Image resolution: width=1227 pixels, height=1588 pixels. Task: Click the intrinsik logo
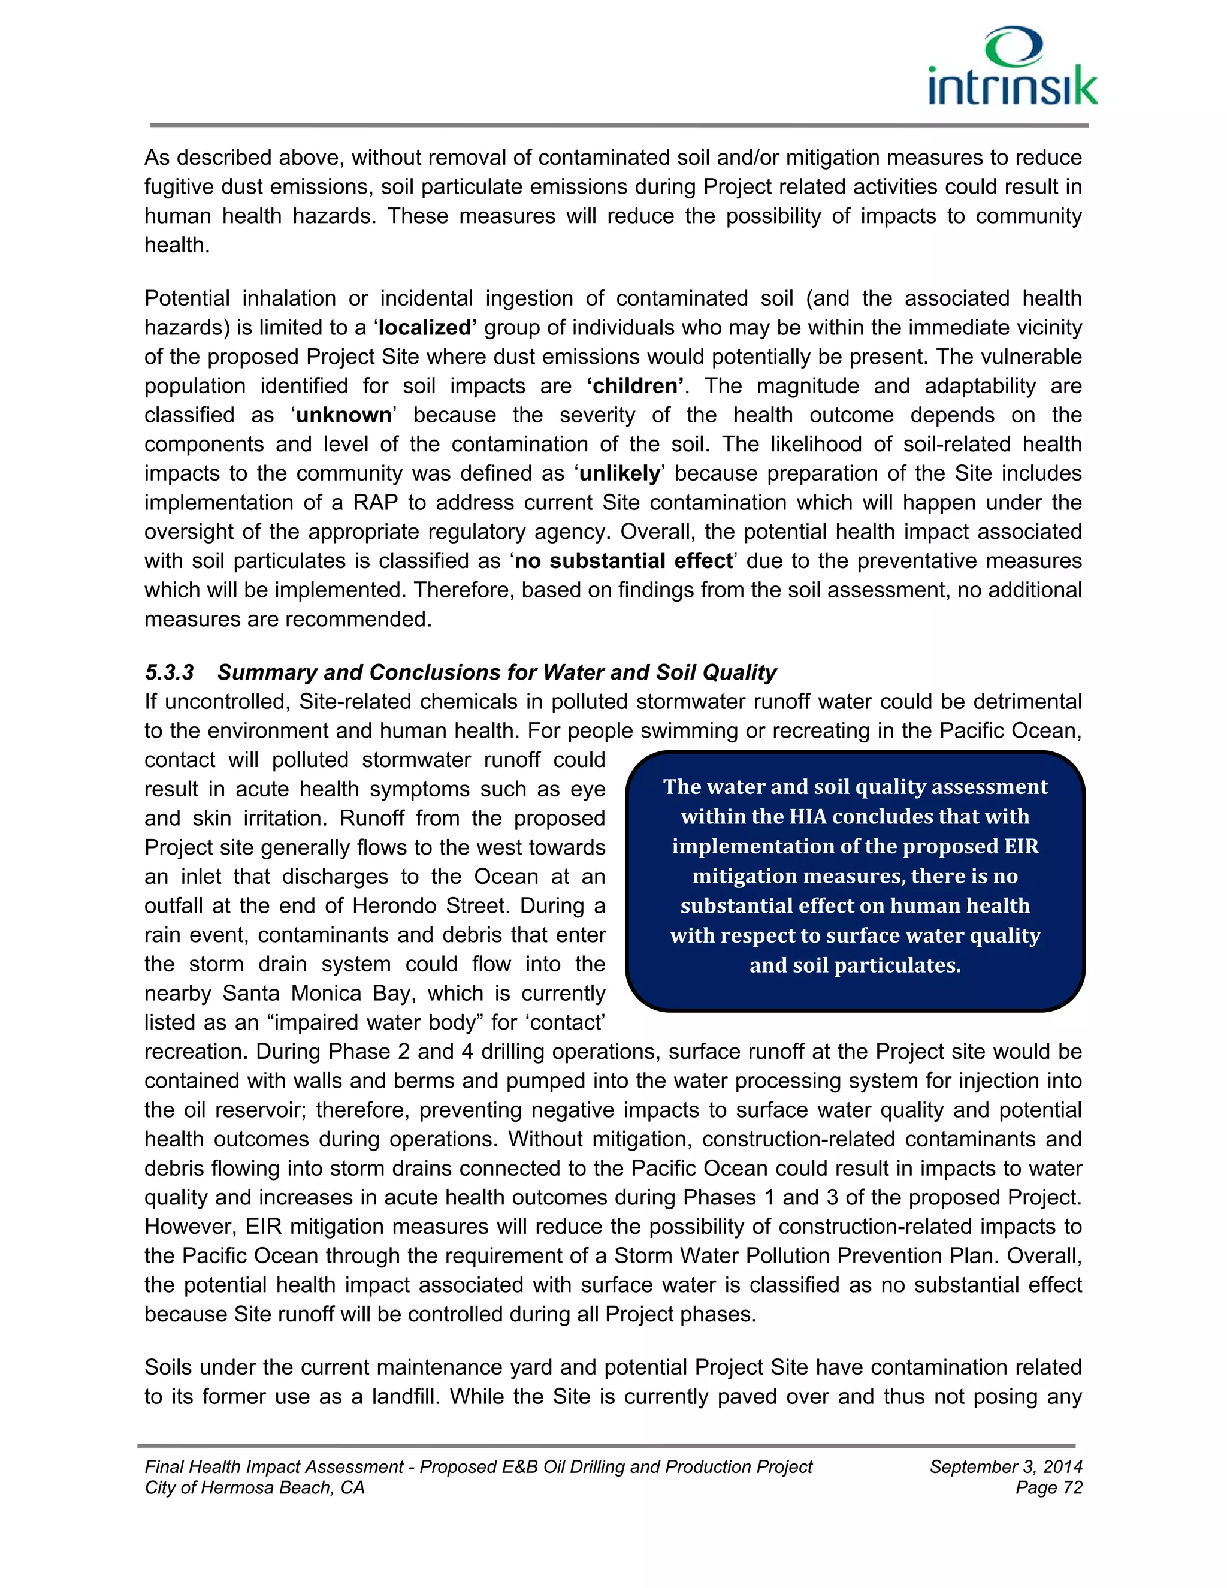tap(1012, 67)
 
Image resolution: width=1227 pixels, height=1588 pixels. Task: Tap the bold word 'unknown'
tap(344, 415)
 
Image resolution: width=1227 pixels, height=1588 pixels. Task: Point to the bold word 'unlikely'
tap(620, 473)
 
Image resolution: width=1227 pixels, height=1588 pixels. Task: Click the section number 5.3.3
tap(170, 672)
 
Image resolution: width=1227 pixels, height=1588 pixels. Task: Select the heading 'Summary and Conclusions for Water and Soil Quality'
tap(497, 672)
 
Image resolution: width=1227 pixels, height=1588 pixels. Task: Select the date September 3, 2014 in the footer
tap(1005, 1466)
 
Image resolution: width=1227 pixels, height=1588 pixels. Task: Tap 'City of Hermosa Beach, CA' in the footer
tap(255, 1488)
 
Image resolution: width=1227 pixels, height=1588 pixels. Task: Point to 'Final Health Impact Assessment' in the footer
tap(273, 1466)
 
